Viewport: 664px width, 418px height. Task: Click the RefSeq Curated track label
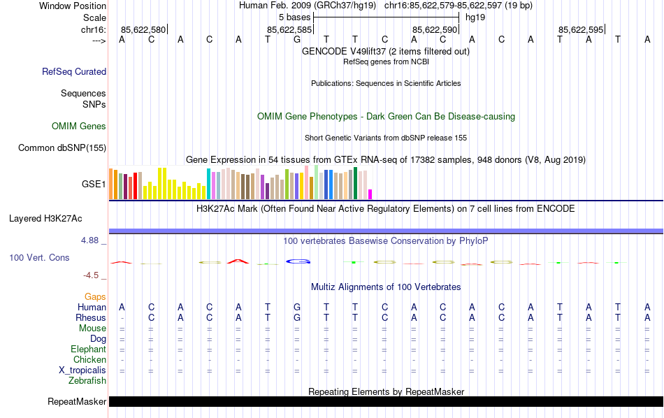coord(74,71)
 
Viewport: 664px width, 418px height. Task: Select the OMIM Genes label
coord(79,127)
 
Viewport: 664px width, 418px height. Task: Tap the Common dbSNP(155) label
coord(62,147)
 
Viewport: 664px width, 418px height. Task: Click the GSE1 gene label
coord(94,185)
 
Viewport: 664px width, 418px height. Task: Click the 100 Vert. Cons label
coord(39,258)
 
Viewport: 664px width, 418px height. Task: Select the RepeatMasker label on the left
coord(77,402)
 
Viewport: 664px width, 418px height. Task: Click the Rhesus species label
coord(90,318)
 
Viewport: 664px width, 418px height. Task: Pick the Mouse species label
coord(92,329)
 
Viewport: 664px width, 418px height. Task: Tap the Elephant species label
coord(88,349)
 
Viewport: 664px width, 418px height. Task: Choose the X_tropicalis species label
coord(82,370)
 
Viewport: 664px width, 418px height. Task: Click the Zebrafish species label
coord(87,381)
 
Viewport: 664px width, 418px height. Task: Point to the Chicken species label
coord(89,360)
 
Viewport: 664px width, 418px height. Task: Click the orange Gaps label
coord(95,297)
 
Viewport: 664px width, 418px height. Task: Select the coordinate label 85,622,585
coord(289,29)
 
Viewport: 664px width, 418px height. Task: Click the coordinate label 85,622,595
coord(580,29)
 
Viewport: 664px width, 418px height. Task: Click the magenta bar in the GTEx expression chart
coord(370,194)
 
